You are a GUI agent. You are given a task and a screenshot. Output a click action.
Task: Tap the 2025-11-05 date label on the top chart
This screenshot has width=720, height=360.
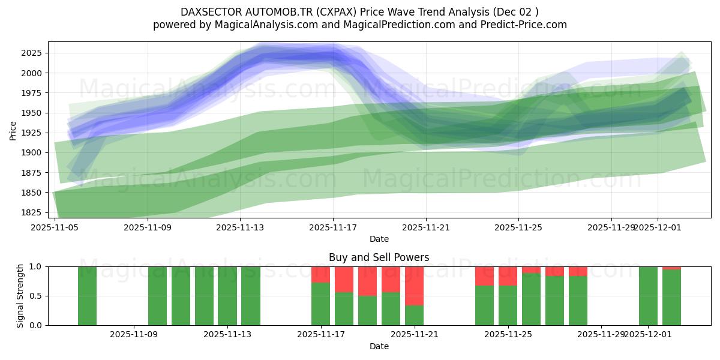[x=55, y=227]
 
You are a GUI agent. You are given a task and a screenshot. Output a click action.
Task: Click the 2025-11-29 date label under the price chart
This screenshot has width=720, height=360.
[x=611, y=227]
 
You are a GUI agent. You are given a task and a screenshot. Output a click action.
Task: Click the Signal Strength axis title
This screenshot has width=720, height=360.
[x=20, y=296]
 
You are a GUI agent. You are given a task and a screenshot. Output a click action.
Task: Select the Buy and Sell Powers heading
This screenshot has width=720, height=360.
[x=379, y=257]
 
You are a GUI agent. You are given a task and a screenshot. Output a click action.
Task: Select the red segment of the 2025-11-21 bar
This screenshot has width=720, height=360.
[x=415, y=286]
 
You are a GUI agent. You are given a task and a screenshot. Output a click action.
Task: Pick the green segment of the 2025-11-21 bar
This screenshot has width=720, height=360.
[x=415, y=315]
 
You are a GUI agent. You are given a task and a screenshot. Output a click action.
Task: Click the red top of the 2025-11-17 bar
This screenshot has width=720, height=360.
[x=321, y=274]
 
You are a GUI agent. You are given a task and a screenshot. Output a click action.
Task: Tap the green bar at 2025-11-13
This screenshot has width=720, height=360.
[x=227, y=296]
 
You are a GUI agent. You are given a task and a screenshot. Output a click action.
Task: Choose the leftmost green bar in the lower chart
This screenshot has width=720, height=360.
[x=87, y=296]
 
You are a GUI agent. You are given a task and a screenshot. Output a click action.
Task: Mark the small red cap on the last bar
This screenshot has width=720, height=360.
[x=671, y=268]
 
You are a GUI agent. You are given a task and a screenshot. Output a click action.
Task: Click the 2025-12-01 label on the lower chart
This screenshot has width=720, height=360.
[x=648, y=335]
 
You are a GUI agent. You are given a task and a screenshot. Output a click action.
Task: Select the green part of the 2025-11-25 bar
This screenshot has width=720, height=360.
[x=508, y=305]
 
